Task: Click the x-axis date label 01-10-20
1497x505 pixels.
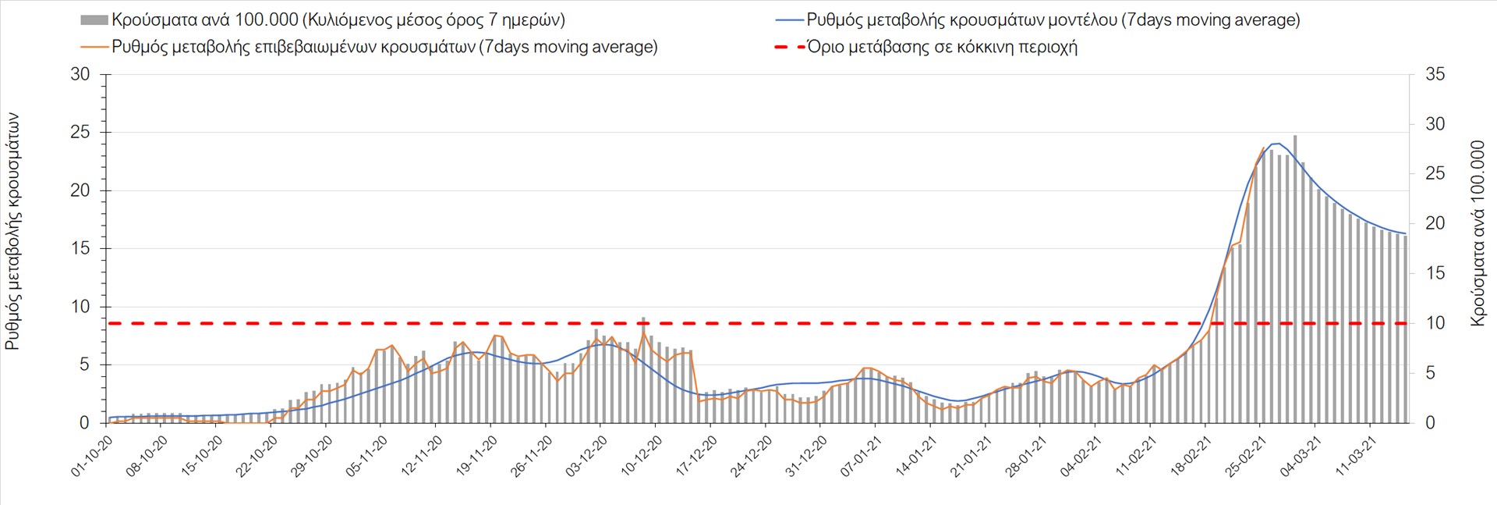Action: point(93,457)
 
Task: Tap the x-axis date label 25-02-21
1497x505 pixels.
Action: point(1247,457)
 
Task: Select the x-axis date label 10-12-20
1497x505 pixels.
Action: point(642,457)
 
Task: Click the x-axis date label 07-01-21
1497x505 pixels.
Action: point(862,457)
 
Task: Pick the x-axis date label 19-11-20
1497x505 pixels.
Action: point(477,457)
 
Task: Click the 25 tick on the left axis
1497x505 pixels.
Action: point(80,132)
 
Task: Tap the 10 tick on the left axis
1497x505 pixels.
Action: point(80,307)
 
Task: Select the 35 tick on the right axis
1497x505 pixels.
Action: point(1435,74)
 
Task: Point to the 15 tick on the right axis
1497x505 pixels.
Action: point(1435,273)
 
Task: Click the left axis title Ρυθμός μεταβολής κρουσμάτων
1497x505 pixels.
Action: point(13,231)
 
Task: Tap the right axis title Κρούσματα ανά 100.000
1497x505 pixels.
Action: point(1477,233)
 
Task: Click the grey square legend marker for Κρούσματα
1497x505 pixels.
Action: point(94,20)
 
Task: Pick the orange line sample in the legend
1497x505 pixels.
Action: point(94,47)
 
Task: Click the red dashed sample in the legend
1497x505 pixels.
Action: point(789,47)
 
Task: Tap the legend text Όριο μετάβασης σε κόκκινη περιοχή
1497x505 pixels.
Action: point(942,47)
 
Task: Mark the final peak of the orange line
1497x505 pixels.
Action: point(1263,148)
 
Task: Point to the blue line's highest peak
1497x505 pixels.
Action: point(1276,144)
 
